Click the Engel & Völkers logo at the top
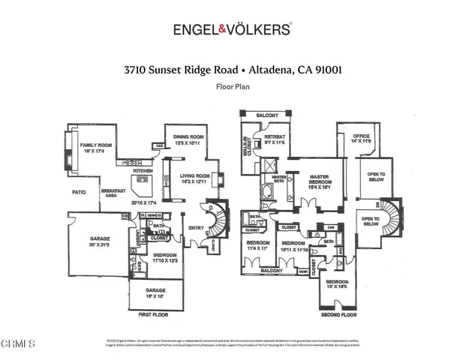[232, 29]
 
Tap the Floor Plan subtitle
[233, 87]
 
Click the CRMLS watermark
[18, 344]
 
